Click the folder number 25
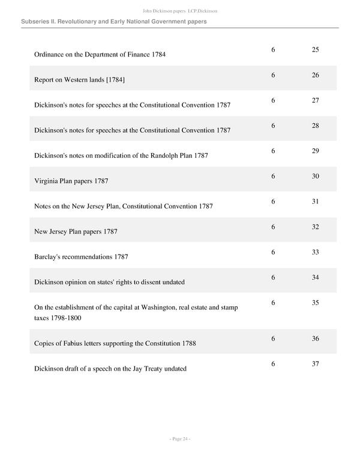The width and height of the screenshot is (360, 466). click(x=315, y=49)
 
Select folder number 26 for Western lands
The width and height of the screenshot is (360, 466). click(x=315, y=75)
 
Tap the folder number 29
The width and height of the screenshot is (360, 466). click(x=315, y=151)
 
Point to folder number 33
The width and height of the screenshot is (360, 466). click(x=315, y=252)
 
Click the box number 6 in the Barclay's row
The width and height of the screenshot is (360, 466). click(x=273, y=252)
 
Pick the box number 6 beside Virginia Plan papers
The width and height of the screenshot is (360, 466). click(x=273, y=176)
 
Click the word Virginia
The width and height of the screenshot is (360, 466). click(x=47, y=181)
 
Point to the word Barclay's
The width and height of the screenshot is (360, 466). click(x=50, y=257)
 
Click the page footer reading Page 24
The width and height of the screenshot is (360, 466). click(x=179, y=440)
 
